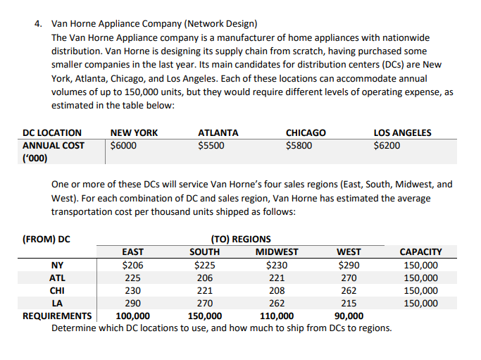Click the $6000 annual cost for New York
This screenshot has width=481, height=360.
coord(123,145)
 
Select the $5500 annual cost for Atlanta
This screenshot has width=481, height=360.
coord(211,145)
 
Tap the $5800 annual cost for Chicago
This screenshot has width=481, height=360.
coord(299,145)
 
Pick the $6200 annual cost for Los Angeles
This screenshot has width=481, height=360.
coord(387,145)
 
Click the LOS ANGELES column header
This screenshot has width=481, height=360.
coord(402,132)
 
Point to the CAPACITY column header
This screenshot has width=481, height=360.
coord(421,252)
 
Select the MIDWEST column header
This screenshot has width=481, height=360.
coord(277,252)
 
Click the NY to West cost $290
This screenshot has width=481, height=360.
coord(349,265)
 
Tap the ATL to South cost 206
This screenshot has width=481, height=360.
coord(205,278)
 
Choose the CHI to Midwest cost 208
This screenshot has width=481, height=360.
coord(277,290)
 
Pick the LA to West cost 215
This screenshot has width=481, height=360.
coord(349,303)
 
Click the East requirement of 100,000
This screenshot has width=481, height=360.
coord(133,316)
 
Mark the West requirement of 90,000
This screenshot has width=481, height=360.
coord(349,316)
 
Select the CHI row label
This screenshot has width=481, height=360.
coord(57,290)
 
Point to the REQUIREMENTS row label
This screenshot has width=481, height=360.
coord(57,316)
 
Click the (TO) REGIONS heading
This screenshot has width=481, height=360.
coord(241,239)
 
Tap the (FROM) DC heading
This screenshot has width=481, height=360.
coord(46,239)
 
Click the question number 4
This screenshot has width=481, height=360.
coord(38,24)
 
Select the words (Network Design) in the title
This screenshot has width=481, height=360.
coord(220,24)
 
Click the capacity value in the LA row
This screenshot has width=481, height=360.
coord(421,303)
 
